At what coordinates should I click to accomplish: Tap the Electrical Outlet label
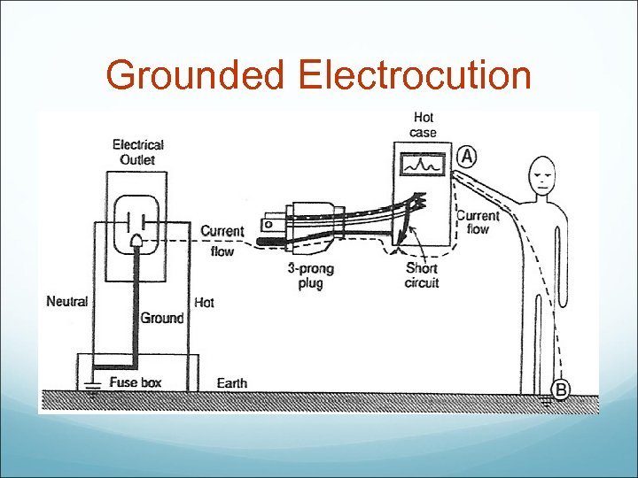pyautogui.click(x=137, y=151)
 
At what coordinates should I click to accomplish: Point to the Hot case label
pyautogui.click(x=423, y=125)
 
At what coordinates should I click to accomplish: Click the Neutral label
pyautogui.click(x=67, y=302)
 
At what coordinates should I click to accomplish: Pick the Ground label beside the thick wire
pyautogui.click(x=163, y=318)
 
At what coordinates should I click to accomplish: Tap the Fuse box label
pyautogui.click(x=135, y=383)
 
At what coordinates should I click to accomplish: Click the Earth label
pyautogui.click(x=232, y=383)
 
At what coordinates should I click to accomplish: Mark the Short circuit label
pyautogui.click(x=421, y=276)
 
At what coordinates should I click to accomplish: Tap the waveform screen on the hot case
pyautogui.click(x=423, y=166)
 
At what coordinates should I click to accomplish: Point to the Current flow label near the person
pyautogui.click(x=478, y=222)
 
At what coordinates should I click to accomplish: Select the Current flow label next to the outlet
pyautogui.click(x=222, y=241)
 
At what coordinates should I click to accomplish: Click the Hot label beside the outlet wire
pyautogui.click(x=204, y=302)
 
